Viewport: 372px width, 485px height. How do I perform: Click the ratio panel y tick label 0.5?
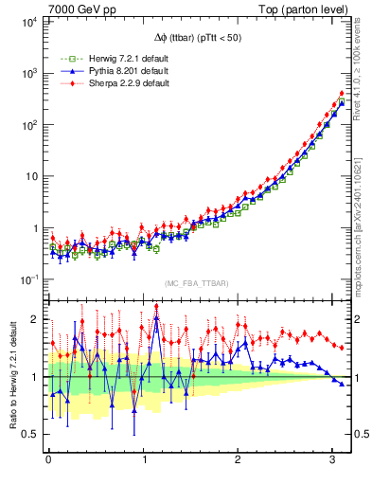coord(31,434)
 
